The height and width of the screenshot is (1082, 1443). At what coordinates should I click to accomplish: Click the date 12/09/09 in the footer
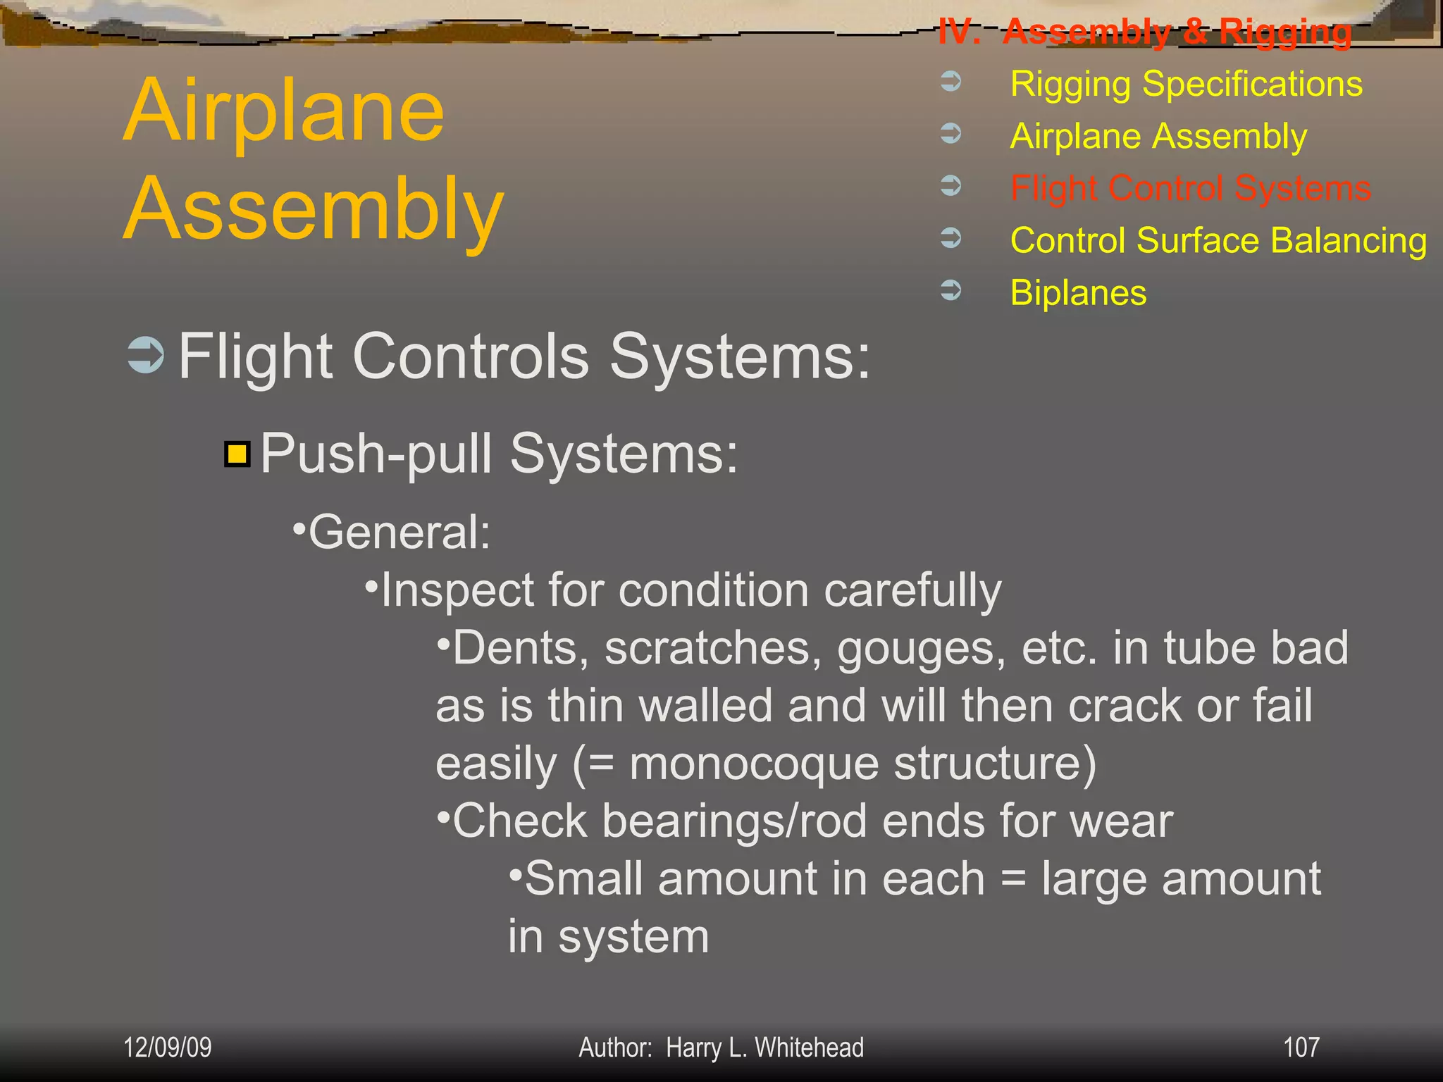(167, 1047)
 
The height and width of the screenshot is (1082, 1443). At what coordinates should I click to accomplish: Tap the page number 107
(1301, 1047)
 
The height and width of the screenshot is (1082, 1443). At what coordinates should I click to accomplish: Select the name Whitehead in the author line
(809, 1047)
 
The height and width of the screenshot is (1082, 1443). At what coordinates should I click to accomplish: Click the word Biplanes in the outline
(1077, 292)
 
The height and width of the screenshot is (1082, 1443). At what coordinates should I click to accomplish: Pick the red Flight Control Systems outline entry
(1190, 188)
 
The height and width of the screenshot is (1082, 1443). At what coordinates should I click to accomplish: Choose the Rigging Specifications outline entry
(1186, 84)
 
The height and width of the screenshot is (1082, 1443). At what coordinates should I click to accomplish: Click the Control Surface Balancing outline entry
(1218, 240)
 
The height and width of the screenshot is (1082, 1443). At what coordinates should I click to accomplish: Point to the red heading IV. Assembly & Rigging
(1145, 32)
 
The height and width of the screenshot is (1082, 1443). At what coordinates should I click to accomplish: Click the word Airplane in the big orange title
(284, 111)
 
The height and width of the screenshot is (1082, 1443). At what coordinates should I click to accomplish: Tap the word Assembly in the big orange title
(314, 210)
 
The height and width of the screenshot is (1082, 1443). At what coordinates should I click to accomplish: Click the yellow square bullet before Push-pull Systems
(237, 454)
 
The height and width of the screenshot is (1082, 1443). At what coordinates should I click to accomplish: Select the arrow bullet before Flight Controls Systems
(145, 355)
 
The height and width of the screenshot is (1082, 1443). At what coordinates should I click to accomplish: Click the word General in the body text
(398, 532)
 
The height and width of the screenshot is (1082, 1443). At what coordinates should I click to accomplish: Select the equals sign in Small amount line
(1012, 880)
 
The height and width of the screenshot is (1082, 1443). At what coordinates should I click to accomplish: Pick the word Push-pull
(376, 454)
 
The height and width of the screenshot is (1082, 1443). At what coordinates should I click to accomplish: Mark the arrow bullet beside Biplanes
(950, 290)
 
